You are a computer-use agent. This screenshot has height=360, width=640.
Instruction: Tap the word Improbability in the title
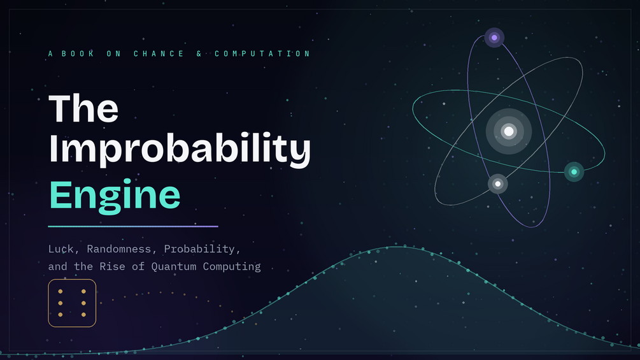tap(180, 149)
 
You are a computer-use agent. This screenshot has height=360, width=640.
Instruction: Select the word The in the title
tap(83, 108)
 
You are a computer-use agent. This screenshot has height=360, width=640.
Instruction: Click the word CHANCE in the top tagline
tap(159, 54)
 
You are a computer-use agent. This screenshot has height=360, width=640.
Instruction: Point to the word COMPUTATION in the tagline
tap(262, 54)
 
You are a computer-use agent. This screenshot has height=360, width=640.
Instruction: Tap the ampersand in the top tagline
tap(199, 54)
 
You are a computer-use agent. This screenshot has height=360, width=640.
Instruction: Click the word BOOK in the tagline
tap(78, 54)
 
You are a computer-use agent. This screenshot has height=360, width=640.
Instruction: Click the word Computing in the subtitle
tap(232, 266)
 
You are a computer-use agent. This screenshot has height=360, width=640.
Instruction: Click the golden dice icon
tap(72, 303)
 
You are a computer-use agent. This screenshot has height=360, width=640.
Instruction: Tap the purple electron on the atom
tap(494, 38)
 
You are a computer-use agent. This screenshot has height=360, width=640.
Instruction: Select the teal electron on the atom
tap(574, 172)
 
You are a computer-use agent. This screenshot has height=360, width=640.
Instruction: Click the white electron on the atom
tap(497, 184)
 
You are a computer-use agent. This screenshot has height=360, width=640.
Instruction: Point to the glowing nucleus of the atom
tap(509, 131)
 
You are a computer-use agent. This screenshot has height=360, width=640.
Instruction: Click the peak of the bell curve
tap(396, 247)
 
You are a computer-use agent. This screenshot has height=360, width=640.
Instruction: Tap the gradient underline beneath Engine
tap(133, 226)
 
